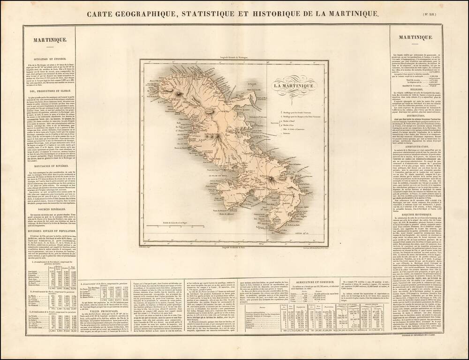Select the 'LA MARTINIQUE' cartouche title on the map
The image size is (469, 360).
(295, 86)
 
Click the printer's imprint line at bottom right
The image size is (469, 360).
(417, 337)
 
